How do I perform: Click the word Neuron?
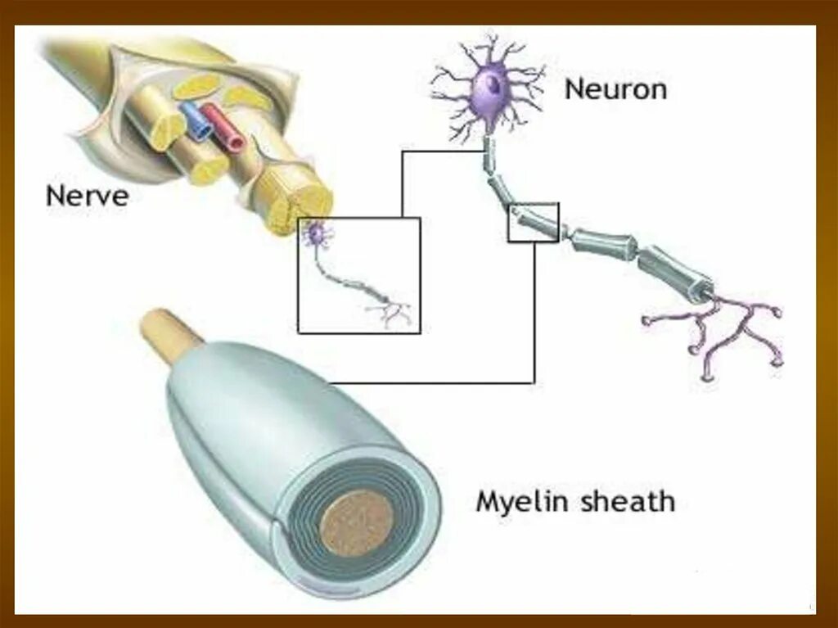click(615, 88)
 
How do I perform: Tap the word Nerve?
click(87, 196)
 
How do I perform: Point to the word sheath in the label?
click(627, 500)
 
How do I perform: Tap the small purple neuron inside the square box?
click(315, 235)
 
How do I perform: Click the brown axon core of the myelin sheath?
click(355, 521)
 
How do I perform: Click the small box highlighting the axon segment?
click(533, 222)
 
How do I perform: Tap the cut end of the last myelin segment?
click(702, 291)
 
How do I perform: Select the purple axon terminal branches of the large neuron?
click(720, 332)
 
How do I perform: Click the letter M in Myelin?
click(488, 500)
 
